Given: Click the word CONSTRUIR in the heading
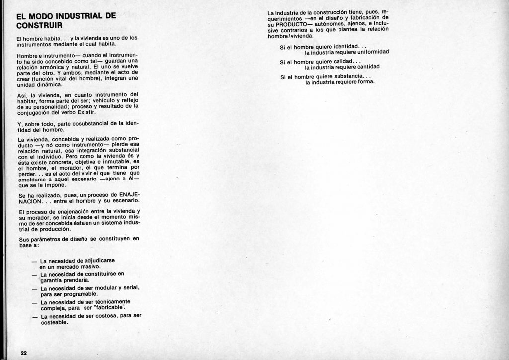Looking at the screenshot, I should [39, 25].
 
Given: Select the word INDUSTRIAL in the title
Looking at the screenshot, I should [77, 16].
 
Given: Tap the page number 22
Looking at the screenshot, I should [23, 353].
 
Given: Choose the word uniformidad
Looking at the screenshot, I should [370, 52].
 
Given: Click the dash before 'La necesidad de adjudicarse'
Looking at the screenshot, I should [34, 261].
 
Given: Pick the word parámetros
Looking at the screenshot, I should [43, 239].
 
